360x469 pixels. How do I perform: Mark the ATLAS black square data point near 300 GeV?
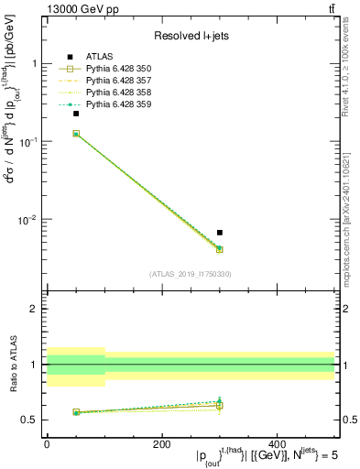click(220, 233)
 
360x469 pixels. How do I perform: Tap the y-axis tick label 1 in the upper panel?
click(35, 64)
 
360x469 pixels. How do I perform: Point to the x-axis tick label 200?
click(162, 444)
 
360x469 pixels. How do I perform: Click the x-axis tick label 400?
click(277, 444)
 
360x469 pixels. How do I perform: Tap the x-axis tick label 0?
click(47, 444)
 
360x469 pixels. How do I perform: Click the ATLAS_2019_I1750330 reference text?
click(191, 274)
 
